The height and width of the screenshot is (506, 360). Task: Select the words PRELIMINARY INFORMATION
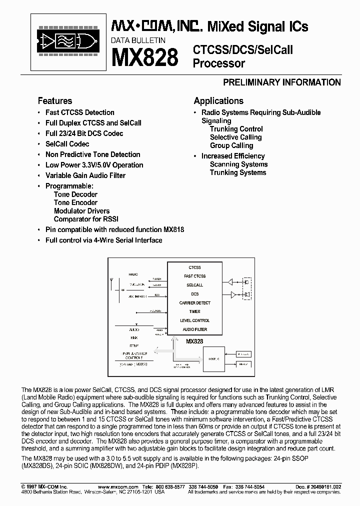pos(281,82)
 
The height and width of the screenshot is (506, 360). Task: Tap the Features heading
pos(55,100)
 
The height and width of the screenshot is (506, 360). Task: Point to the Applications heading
pos(218,100)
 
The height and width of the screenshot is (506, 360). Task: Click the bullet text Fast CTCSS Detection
pos(79,112)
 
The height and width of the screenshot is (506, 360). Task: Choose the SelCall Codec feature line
pos(67,144)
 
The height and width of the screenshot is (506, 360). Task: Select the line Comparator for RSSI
pos(86,219)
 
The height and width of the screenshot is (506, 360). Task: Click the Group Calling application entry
pos(231,145)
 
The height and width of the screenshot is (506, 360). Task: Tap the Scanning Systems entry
pos(238,164)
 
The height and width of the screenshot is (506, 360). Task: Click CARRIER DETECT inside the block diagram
pos(194,303)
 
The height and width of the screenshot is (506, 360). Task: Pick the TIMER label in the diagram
pos(194,311)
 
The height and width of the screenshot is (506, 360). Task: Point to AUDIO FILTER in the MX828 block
pos(194,329)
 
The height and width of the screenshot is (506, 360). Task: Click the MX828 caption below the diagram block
pos(194,341)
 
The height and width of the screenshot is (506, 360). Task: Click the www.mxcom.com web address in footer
pos(114,486)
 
